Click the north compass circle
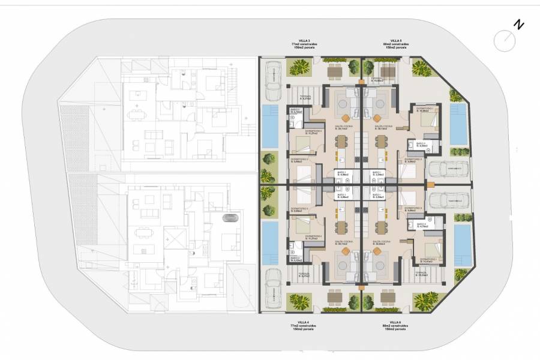504,41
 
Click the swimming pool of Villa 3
270,125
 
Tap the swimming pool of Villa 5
458,124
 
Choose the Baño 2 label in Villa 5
419,144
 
